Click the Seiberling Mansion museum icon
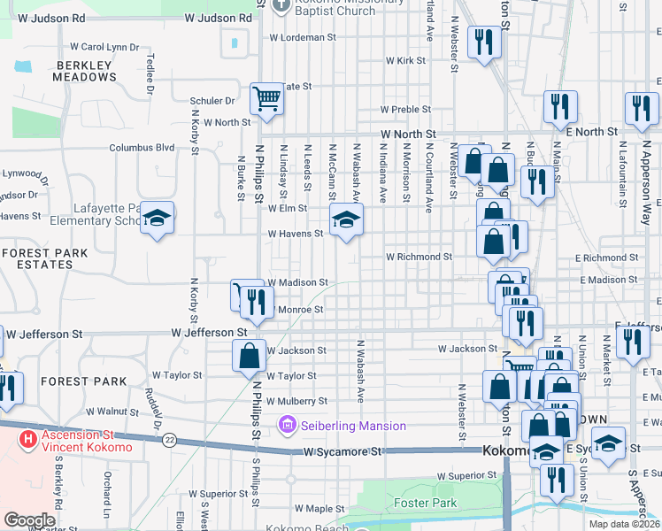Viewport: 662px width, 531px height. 286,426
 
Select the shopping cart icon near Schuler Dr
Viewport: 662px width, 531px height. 266,100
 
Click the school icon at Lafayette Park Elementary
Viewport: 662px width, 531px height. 157,219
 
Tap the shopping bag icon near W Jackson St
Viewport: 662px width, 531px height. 250,356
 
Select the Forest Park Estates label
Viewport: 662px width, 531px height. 44,258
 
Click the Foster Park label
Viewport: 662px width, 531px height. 426,503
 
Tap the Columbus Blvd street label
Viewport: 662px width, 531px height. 142,148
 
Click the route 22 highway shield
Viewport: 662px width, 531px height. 169,440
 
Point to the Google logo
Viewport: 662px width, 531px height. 29,520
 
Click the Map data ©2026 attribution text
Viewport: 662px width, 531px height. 625,524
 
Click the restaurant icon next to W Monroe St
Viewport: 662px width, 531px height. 256,302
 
